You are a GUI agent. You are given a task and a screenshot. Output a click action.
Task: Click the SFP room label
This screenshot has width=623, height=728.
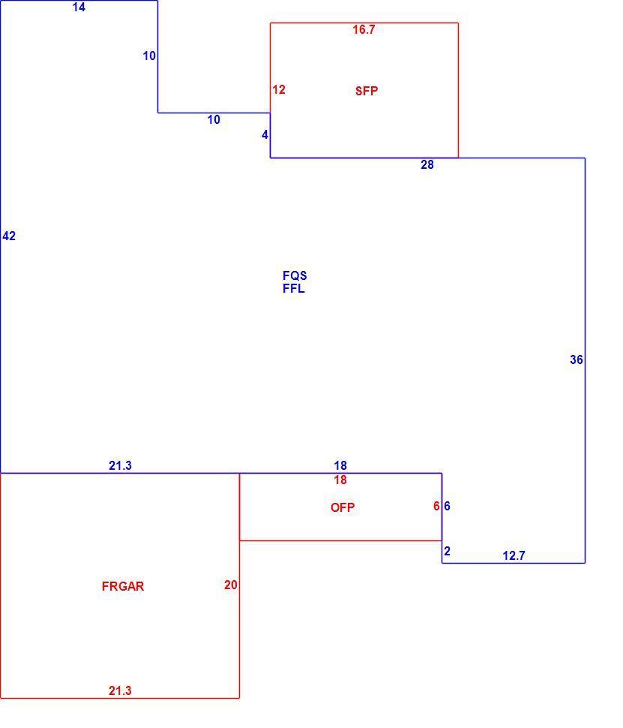coord(367,91)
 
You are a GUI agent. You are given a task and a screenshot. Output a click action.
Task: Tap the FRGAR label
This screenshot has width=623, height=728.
coord(123,586)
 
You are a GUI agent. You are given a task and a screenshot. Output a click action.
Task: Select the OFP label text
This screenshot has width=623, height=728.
coord(343,507)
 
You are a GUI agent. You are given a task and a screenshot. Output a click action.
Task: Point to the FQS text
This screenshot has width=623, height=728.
coord(295,275)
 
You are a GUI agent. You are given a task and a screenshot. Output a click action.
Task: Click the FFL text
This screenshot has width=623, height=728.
coord(294,288)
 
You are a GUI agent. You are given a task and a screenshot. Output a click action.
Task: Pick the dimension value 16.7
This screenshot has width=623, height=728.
coord(364,30)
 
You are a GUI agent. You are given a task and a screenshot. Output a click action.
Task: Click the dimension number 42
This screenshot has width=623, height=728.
coord(9,236)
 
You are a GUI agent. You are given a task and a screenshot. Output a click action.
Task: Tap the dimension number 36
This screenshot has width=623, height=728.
coord(577,359)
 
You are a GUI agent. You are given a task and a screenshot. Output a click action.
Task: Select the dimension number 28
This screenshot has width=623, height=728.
coord(427,165)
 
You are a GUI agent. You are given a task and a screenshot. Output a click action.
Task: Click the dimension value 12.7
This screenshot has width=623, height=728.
coord(514,555)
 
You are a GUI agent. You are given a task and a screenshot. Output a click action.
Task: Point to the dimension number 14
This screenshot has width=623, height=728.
coord(79,7)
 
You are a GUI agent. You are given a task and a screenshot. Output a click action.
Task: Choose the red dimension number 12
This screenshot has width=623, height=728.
coord(279,89)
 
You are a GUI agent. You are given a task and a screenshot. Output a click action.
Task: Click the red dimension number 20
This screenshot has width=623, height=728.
coord(231,585)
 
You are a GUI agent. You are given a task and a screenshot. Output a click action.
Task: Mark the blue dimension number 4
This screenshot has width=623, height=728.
coord(265,135)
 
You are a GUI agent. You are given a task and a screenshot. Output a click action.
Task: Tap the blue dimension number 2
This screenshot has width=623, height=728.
coord(447,551)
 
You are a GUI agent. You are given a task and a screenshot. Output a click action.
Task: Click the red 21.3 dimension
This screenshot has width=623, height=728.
coord(120,691)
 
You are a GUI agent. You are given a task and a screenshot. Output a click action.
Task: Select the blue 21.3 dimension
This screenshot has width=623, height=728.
coord(120,465)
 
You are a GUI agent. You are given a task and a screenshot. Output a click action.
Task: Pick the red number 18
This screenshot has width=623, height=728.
coord(340,480)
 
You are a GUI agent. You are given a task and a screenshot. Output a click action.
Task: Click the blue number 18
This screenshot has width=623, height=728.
coord(340,465)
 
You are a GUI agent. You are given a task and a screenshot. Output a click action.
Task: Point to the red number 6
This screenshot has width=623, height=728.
coord(436,506)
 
